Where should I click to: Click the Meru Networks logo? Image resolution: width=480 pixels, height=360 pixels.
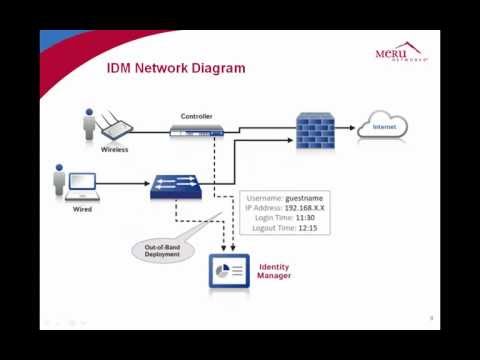401,51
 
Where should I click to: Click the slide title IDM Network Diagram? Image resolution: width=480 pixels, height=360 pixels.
176,69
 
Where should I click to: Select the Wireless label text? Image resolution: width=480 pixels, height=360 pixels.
115,149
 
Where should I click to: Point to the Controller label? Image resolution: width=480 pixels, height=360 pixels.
196,116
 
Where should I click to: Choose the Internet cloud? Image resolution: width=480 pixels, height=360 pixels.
384,127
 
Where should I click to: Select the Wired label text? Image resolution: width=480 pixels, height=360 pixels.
83,210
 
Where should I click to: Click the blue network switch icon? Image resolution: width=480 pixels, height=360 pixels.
180,186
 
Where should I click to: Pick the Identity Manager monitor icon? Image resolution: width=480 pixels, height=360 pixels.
228,271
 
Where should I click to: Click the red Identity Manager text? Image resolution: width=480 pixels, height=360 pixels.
274,271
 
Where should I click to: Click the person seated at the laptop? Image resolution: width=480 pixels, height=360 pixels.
59,184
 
